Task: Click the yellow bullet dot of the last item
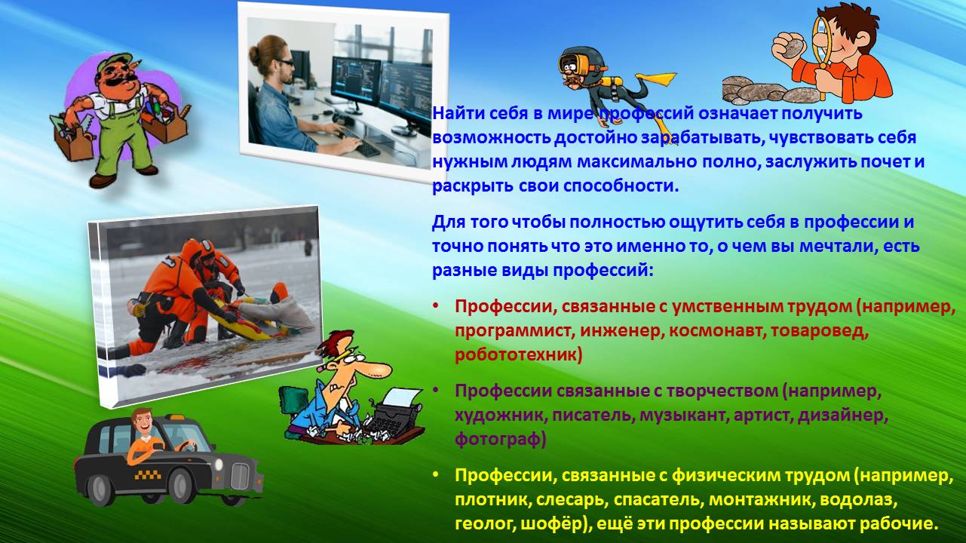click(x=436, y=475)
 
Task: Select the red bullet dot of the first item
click(x=436, y=306)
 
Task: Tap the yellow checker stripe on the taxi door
click(x=148, y=475)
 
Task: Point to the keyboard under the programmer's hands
click(x=365, y=146)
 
